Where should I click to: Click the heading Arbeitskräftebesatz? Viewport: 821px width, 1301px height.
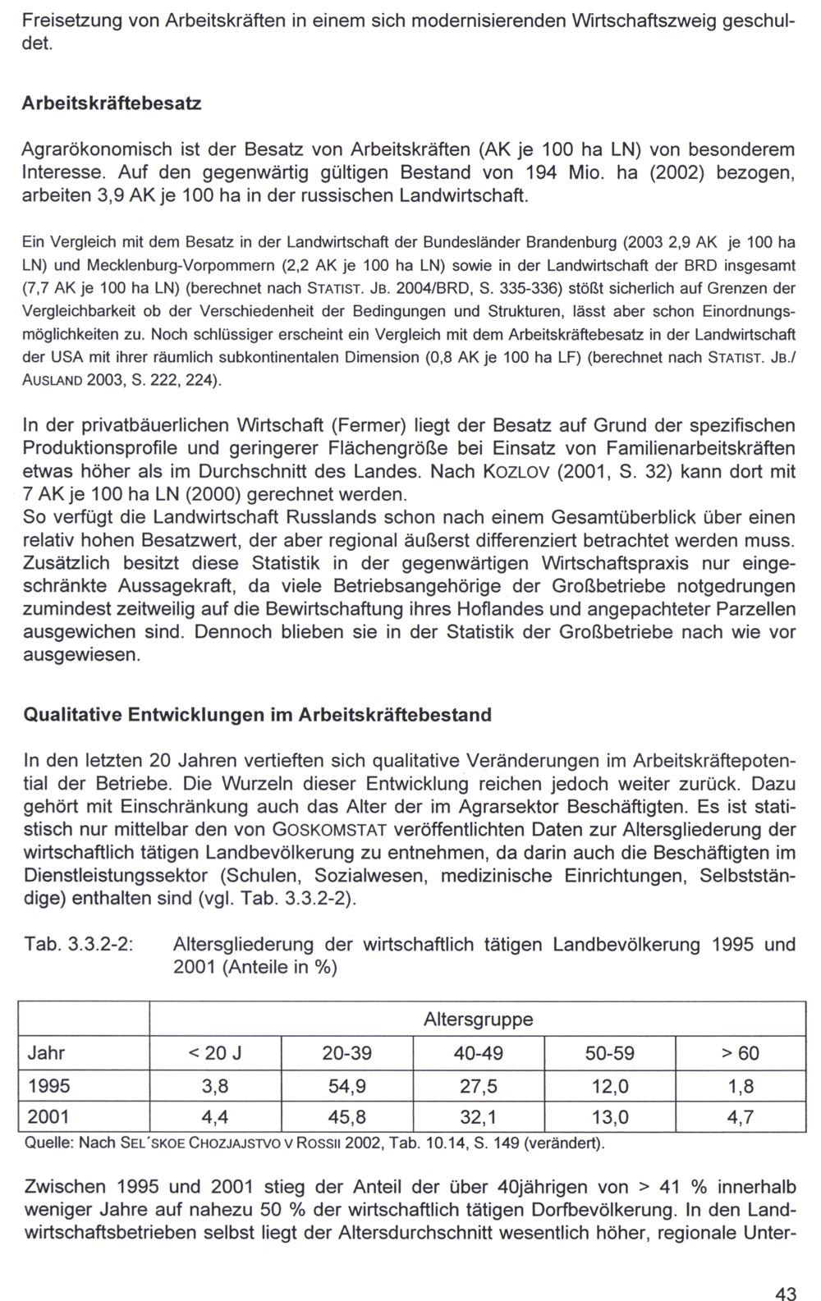[x=112, y=104]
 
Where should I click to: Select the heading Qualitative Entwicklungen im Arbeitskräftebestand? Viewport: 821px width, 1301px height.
[x=257, y=715]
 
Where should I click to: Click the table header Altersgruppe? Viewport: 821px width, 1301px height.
[x=478, y=1019]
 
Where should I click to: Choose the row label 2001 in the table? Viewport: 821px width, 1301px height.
[x=49, y=1117]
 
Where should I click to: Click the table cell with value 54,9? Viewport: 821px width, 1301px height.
[x=346, y=1086]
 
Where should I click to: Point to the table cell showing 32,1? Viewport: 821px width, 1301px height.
[x=478, y=1117]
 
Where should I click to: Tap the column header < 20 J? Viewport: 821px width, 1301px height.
[x=215, y=1053]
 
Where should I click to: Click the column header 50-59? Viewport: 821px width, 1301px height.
[x=609, y=1053]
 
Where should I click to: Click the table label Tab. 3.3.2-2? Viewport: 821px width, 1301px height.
[x=79, y=945]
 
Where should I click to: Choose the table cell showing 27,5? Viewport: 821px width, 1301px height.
[x=478, y=1086]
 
